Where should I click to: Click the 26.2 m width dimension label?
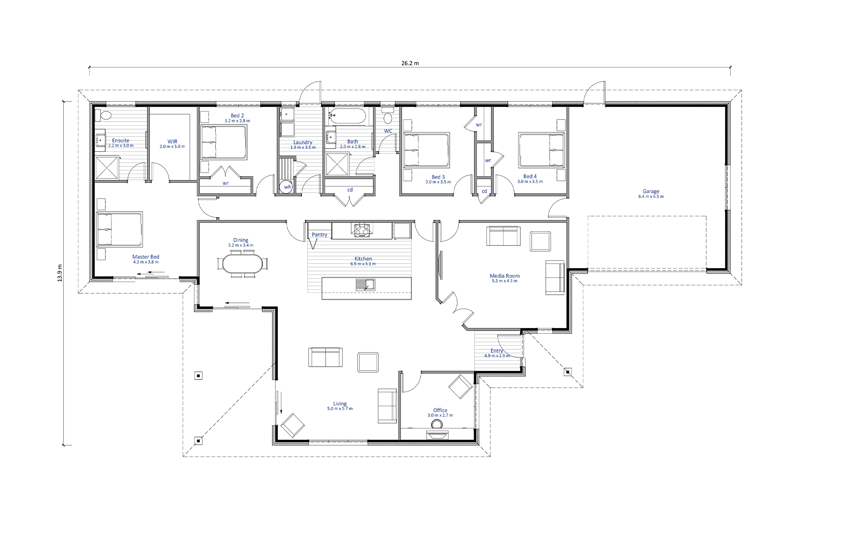pyautogui.click(x=410, y=63)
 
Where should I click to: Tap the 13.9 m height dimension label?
pyautogui.click(x=60, y=273)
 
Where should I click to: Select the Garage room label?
pyautogui.click(x=651, y=191)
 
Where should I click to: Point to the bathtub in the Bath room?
pyautogui.click(x=347, y=116)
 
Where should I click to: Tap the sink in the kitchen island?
pyautogui.click(x=366, y=284)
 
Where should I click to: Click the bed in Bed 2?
pyautogui.click(x=223, y=142)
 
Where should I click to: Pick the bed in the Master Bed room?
pyautogui.click(x=119, y=229)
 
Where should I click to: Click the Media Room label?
pyautogui.click(x=505, y=276)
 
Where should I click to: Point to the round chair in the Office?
pyautogui.click(x=437, y=424)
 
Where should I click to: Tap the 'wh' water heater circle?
pyautogui.click(x=286, y=187)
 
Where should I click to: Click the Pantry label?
pyautogui.click(x=319, y=234)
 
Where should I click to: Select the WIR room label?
pyautogui.click(x=172, y=141)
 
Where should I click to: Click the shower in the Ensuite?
pyautogui.click(x=107, y=167)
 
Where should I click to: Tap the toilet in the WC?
pyautogui.click(x=388, y=116)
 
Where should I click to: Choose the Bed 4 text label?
pyautogui.click(x=530, y=176)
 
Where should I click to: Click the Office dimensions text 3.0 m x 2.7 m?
pyautogui.click(x=440, y=415)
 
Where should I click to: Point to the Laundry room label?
pyautogui.click(x=303, y=142)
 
